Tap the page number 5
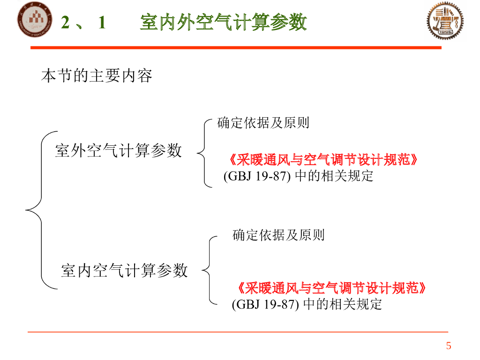(x=449, y=346)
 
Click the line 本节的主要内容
(x=97, y=76)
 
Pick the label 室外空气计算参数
(x=118, y=150)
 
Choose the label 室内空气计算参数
(x=124, y=270)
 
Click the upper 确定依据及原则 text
(x=263, y=123)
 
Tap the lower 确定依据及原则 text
(x=278, y=235)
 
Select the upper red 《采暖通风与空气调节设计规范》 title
(x=323, y=160)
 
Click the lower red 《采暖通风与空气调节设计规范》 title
(x=331, y=288)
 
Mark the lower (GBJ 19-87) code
(x=265, y=304)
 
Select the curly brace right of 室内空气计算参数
(x=209, y=270)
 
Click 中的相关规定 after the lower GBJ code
(x=343, y=304)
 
